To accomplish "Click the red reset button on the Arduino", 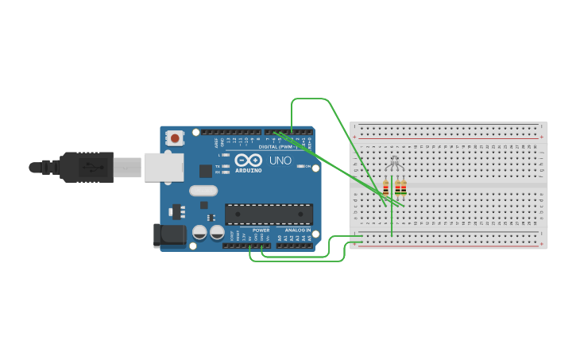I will coord(175,138).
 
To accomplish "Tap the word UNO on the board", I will coord(280,161).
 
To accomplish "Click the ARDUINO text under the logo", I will coord(248,170).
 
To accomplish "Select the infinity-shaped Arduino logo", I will coord(248,160).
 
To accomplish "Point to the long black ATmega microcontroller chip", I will coord(269,214).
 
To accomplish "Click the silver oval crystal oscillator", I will coord(203,191).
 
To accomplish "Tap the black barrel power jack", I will coord(168,234).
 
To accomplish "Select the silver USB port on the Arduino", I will coord(164,168).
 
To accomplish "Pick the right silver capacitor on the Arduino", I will coord(216,232).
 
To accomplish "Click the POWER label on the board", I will coord(261,230).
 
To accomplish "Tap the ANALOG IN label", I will coord(298,230).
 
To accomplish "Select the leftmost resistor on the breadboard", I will coord(386,188).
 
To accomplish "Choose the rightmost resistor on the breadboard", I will coord(404,188).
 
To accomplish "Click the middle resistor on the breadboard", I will coord(397,188).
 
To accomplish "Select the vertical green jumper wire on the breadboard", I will coord(392,221).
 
